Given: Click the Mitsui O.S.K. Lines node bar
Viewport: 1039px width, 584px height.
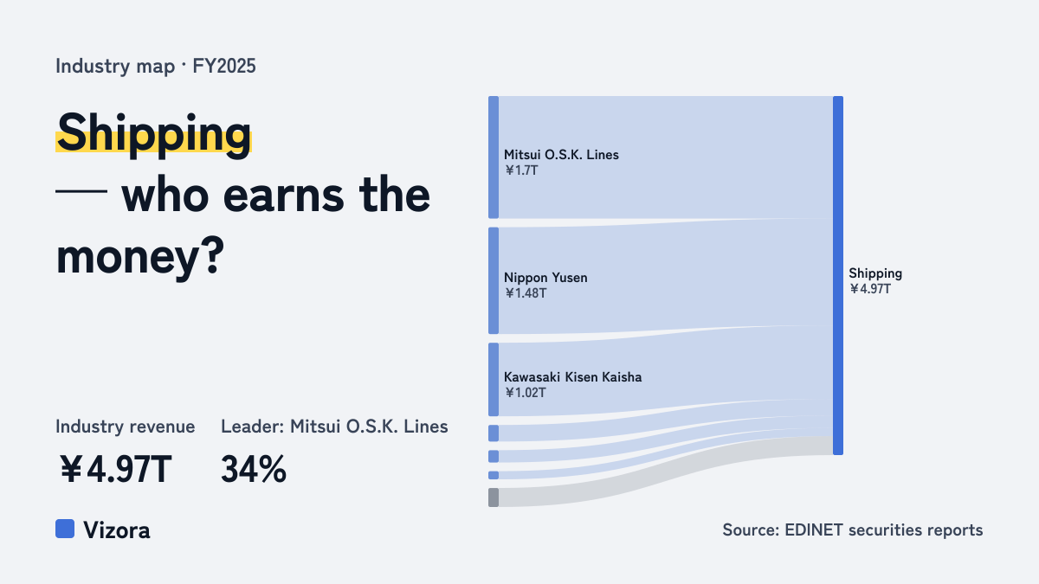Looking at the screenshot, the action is click(494, 157).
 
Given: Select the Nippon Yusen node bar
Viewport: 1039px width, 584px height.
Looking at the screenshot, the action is click(494, 280).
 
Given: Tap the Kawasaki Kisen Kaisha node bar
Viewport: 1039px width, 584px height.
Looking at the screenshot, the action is click(494, 380).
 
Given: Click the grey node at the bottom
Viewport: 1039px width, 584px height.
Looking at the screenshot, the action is click(494, 497).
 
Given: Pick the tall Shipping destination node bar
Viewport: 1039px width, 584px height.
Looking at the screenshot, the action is click(838, 275).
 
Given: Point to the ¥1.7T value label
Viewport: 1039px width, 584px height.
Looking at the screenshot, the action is click(521, 170).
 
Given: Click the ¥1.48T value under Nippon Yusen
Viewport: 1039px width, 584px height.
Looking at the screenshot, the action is click(526, 293).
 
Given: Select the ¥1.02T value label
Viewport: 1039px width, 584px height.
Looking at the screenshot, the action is click(526, 393).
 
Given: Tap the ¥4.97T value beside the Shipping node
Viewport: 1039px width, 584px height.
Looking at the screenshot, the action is click(870, 289).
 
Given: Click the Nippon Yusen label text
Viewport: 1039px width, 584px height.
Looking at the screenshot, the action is click(546, 278).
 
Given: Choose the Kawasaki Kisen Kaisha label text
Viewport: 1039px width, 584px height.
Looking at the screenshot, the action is click(573, 377).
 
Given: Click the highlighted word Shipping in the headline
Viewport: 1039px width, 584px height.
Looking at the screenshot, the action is click(154, 134).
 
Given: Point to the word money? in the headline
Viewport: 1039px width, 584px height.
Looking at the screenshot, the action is click(140, 257).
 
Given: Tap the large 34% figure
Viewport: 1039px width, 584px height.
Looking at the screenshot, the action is click(254, 469).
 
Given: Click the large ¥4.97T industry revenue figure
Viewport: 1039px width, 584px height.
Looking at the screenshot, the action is click(115, 469).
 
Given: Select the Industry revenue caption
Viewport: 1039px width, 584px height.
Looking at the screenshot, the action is click(126, 427).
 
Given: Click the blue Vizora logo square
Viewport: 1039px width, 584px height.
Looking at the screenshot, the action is click(65, 529).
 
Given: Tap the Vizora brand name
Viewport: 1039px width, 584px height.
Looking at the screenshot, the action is click(117, 530).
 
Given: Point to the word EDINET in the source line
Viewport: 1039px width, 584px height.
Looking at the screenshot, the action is click(814, 529).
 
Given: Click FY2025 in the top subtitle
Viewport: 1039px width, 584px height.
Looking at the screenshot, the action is click(224, 66).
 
